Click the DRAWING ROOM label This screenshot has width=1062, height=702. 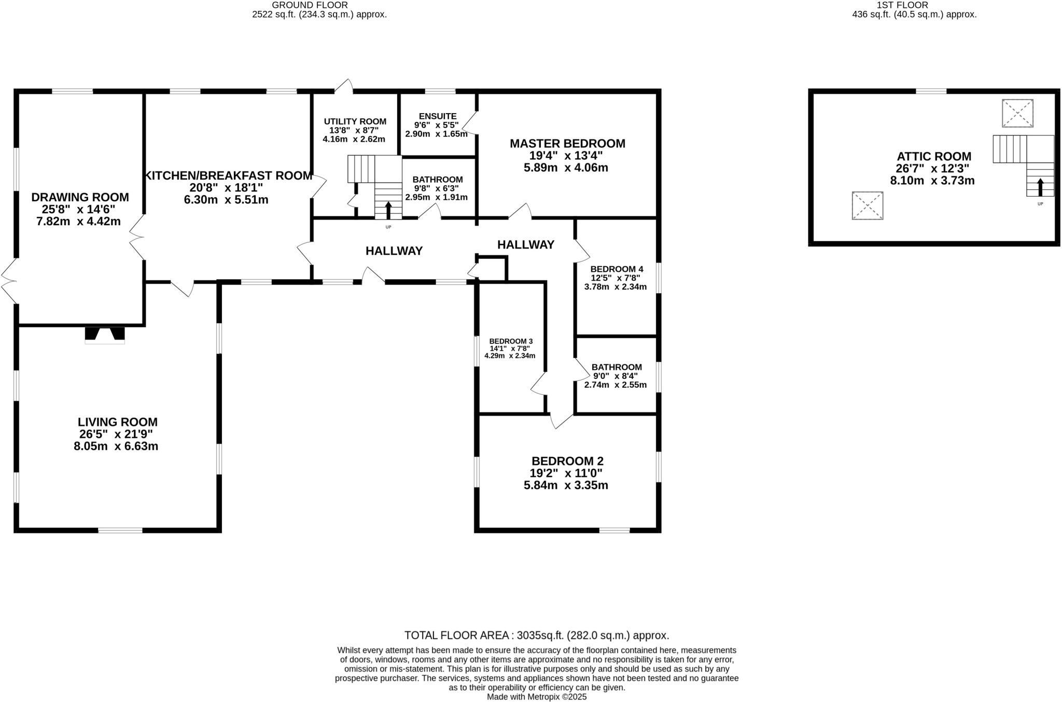click(80, 197)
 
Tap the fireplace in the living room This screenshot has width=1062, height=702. click(105, 335)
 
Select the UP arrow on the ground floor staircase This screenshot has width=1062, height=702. click(388, 210)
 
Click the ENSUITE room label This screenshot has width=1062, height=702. click(438, 116)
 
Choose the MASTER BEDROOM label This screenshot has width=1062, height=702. click(567, 143)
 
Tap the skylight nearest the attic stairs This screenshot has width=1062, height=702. click(1017, 113)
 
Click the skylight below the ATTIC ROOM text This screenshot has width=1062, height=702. click(867, 205)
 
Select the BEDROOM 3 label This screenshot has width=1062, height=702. click(511, 341)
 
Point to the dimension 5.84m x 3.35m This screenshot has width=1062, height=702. click(566, 485)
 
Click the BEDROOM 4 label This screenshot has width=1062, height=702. click(617, 269)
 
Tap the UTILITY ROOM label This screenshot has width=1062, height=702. click(355, 121)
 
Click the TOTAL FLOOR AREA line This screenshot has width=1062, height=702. click(537, 635)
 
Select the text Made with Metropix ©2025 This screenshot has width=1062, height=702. click(537, 697)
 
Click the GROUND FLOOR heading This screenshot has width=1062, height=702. click(310, 5)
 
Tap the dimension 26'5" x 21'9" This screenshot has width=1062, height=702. click(116, 434)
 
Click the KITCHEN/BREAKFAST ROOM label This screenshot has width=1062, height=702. click(228, 175)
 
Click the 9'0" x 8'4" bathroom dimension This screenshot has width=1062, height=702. click(616, 376)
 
